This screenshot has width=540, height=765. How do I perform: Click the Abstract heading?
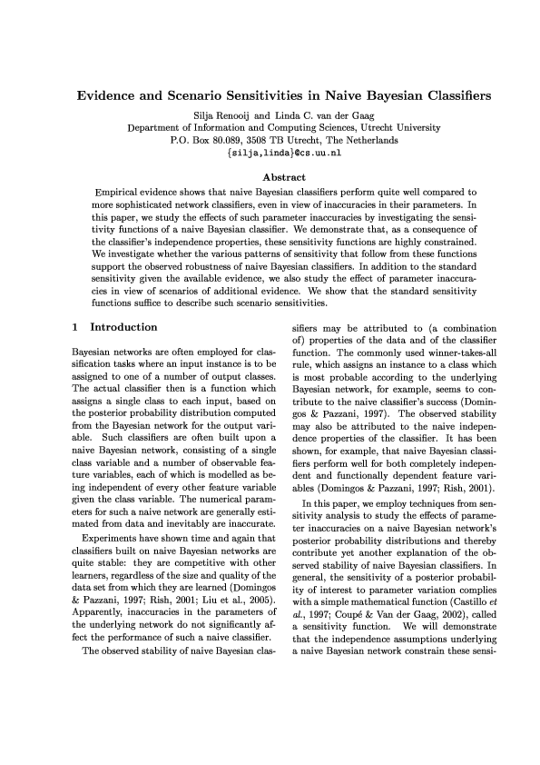pyautogui.click(x=270, y=178)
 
